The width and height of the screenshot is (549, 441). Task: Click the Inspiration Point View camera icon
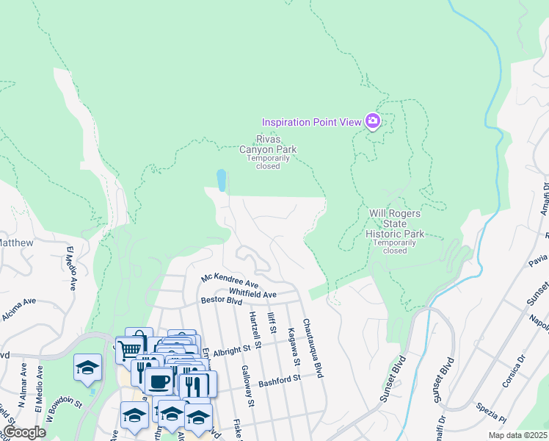point(373,121)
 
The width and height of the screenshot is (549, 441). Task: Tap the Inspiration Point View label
point(312,121)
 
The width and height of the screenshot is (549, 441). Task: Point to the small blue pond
point(221,179)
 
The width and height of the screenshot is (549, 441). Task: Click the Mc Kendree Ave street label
point(230,282)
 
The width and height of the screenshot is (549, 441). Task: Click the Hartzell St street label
point(255,329)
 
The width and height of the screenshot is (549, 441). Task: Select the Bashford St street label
point(280,379)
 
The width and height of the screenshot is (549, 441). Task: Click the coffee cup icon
point(159,381)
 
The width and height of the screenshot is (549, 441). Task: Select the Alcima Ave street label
point(19,301)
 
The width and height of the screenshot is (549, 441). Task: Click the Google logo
point(24,432)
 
